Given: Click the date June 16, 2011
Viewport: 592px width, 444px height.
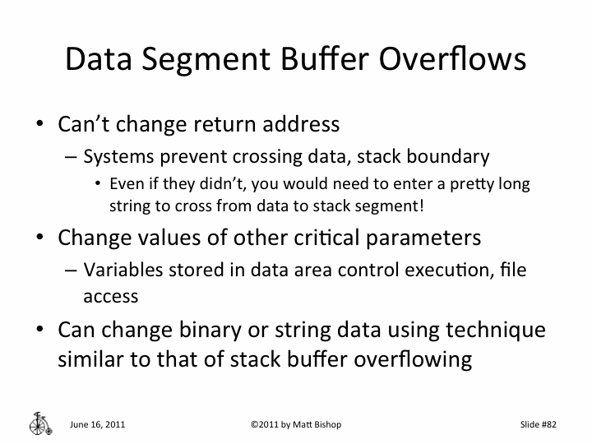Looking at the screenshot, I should (97, 424).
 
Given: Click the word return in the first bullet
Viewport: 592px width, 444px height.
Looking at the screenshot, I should (220, 124).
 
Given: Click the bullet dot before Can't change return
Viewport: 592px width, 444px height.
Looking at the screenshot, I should (39, 125).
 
